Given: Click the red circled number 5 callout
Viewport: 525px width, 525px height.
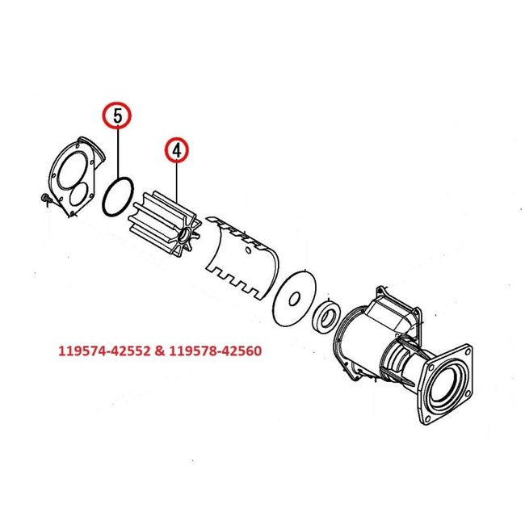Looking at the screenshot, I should coord(119,115).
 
